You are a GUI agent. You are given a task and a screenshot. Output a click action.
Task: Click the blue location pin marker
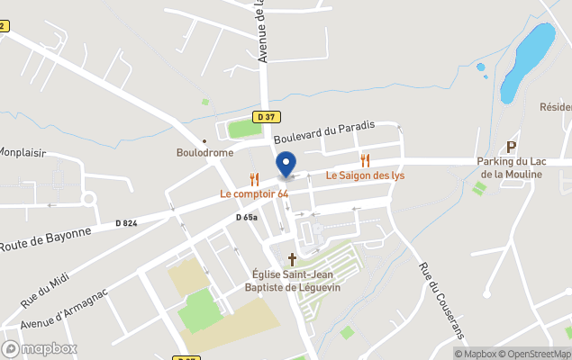[x=286, y=166]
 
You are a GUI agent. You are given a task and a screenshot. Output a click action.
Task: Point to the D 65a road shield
[x=247, y=217]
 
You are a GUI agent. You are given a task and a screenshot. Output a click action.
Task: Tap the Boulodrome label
[x=204, y=152]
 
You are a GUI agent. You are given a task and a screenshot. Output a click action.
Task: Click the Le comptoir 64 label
[x=254, y=194]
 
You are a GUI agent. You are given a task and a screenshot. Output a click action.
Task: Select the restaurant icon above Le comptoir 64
[x=254, y=180]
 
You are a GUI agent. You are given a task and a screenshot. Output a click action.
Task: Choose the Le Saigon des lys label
[x=365, y=175]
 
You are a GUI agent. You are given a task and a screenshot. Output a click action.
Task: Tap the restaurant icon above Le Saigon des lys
[x=365, y=160]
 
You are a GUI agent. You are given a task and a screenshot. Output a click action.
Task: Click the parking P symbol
[x=513, y=147]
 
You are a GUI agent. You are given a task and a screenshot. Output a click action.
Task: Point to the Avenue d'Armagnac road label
[x=64, y=308]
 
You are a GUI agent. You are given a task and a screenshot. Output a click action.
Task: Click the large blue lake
[x=526, y=62]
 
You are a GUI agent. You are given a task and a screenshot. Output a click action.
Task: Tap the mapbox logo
[x=40, y=348]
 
